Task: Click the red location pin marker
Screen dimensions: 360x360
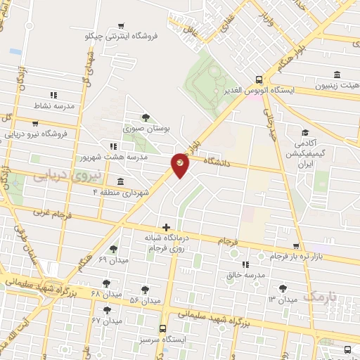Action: click(180, 165)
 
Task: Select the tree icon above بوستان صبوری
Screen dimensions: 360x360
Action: click(146, 117)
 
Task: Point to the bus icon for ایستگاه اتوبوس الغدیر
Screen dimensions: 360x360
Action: click(259, 80)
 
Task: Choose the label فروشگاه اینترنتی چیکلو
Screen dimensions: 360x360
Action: click(122, 34)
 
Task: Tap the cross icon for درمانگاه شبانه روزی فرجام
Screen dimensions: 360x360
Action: click(166, 226)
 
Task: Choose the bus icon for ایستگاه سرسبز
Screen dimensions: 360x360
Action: click(163, 328)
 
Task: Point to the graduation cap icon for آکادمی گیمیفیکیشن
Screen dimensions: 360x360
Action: click(305, 132)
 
